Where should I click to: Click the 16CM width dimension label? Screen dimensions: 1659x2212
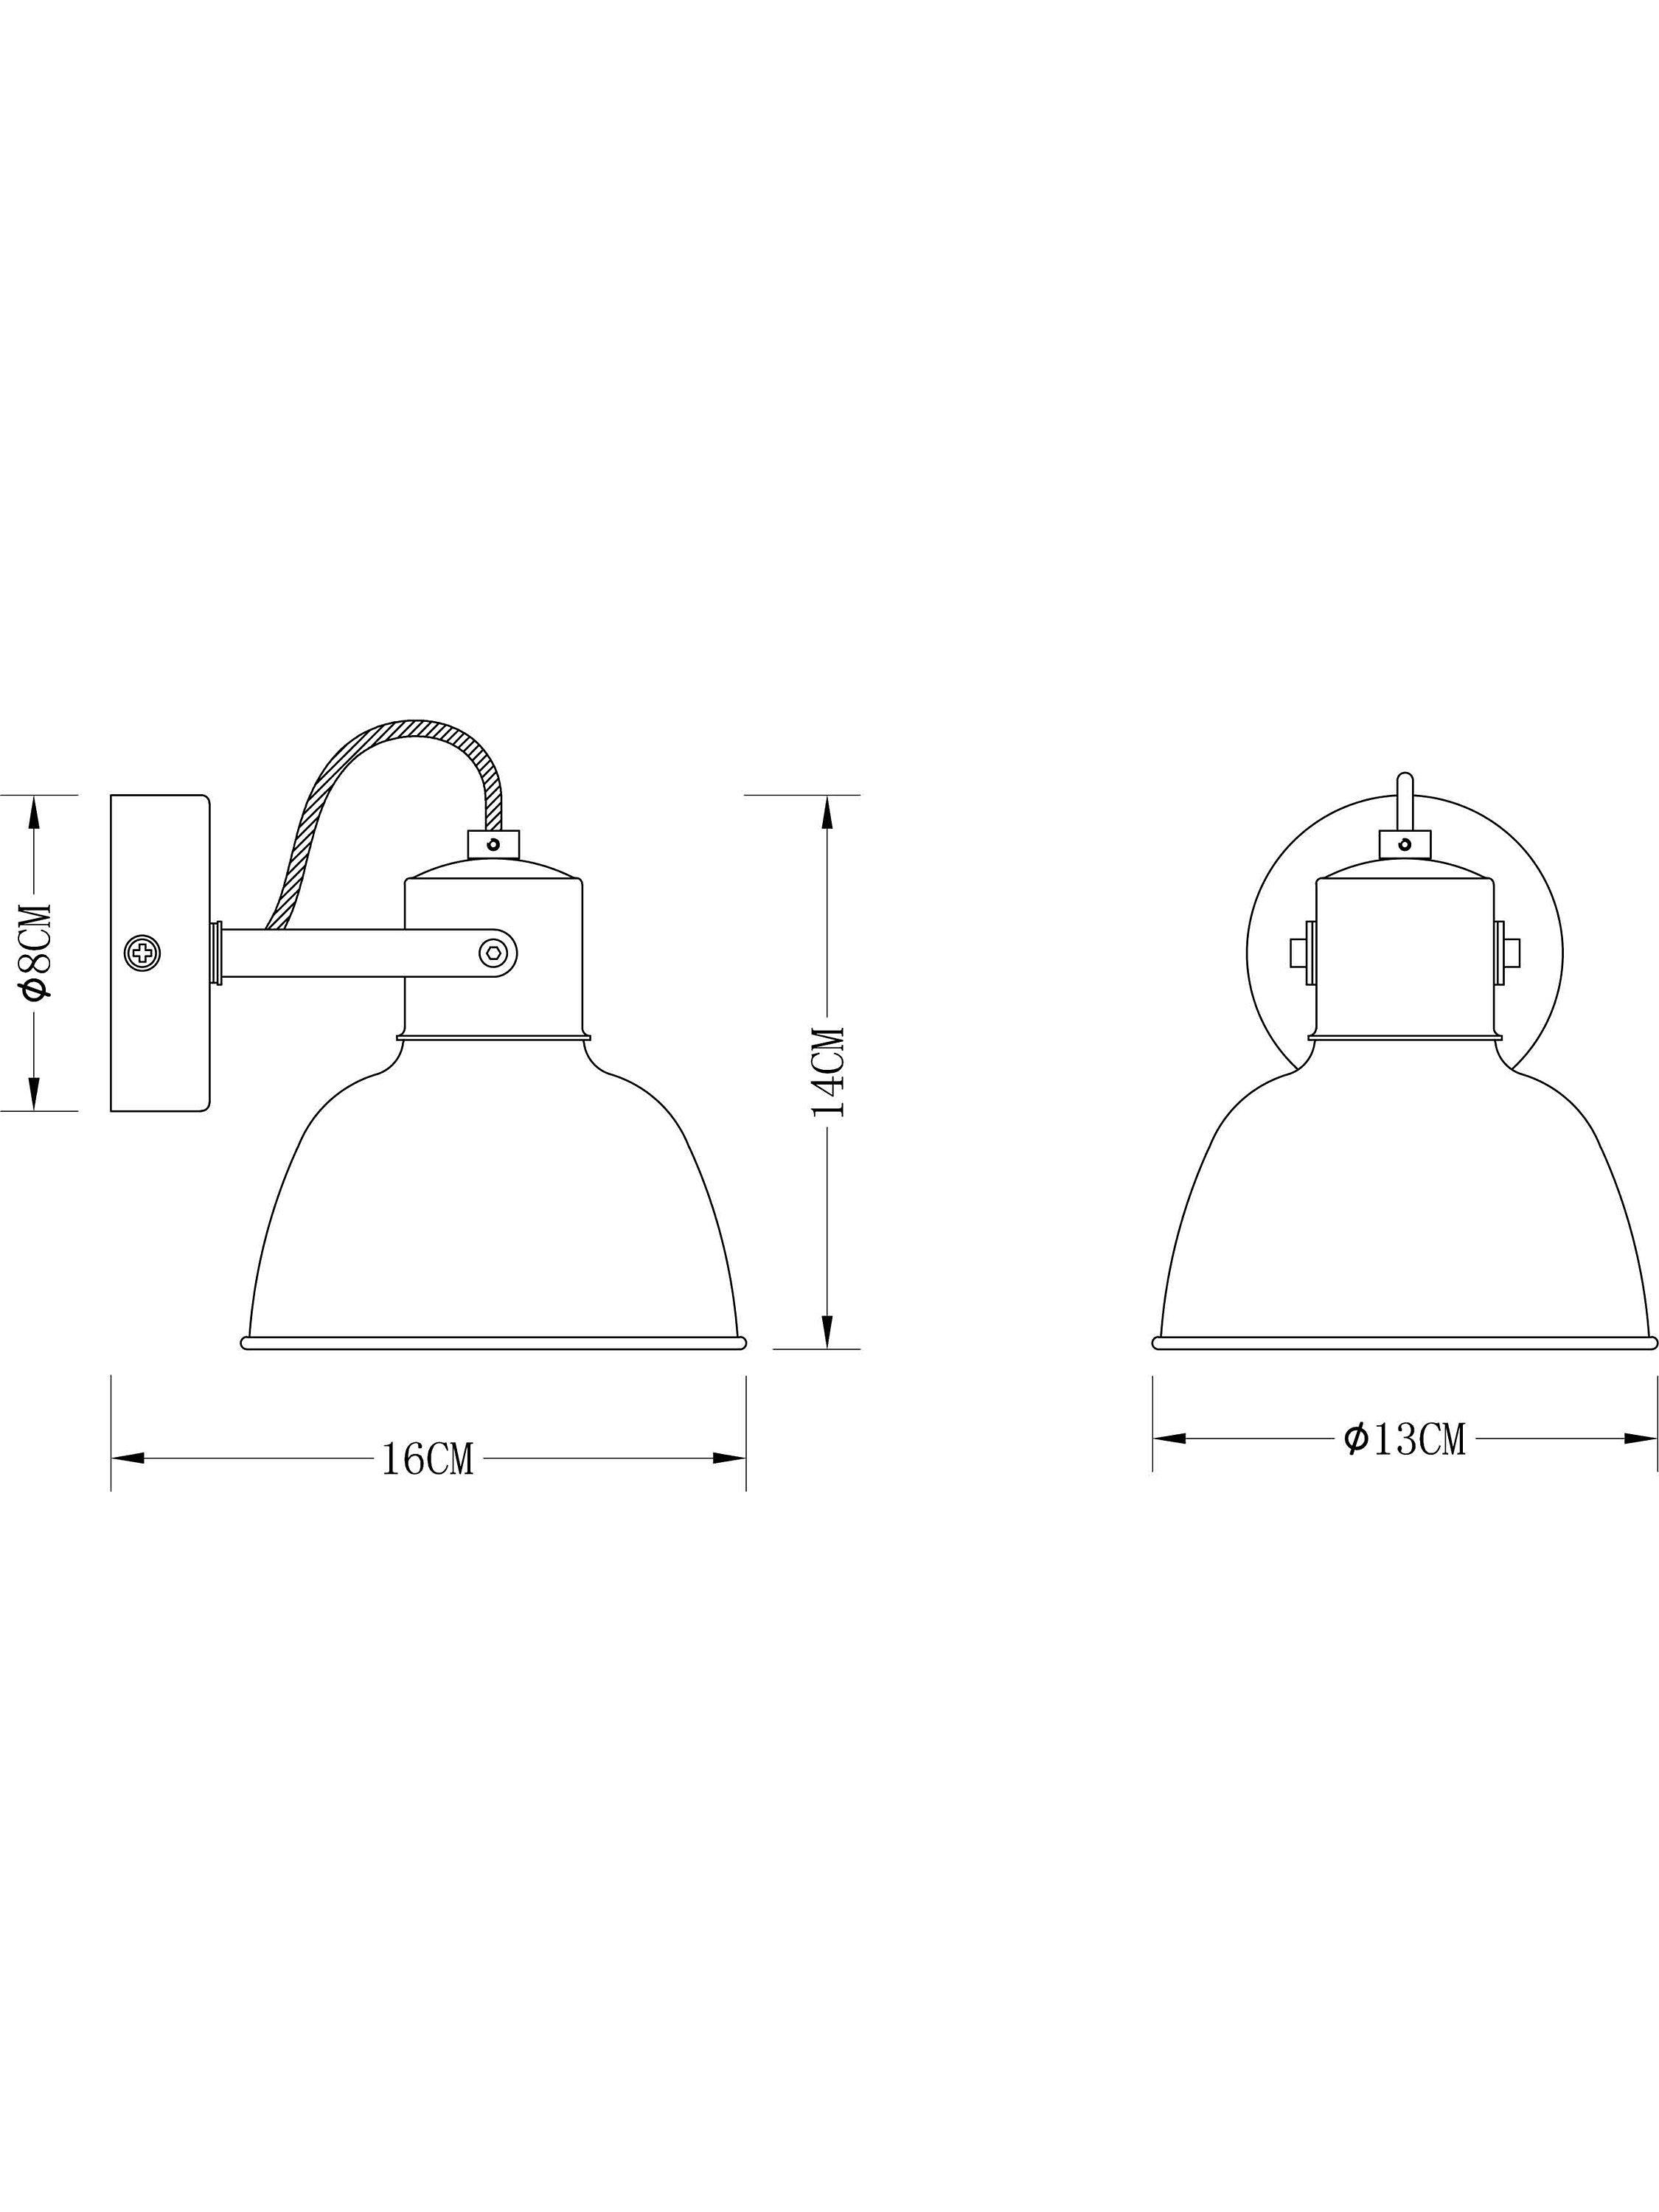(427, 1459)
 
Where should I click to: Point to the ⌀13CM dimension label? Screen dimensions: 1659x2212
(1404, 1439)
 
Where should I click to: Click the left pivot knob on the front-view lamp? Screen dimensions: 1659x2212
(1303, 952)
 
